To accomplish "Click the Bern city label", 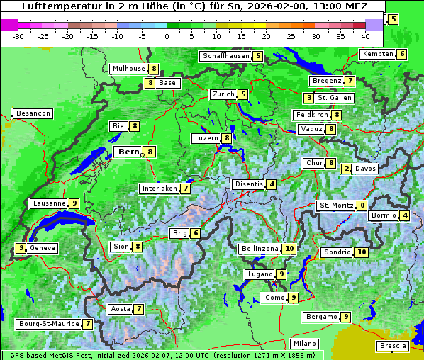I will point(129,152).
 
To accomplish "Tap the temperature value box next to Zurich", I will point(243,94).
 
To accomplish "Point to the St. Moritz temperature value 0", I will point(362,206).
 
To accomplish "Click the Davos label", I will point(366,169).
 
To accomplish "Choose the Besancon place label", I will point(33,113).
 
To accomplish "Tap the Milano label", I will point(305,344).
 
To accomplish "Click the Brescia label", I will point(394,346).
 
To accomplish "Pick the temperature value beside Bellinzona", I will point(289,249).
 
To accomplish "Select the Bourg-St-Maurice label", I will point(48,324).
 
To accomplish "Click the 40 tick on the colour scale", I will point(365,36).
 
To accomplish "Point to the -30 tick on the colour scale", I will point(18,36).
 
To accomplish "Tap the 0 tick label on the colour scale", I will point(167,36).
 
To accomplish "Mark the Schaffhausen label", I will point(226,56).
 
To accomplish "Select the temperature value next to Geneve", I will point(21,248).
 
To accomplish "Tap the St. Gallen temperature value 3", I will point(308,98).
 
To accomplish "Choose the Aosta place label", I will point(121,309).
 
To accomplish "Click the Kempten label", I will point(376,54).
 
